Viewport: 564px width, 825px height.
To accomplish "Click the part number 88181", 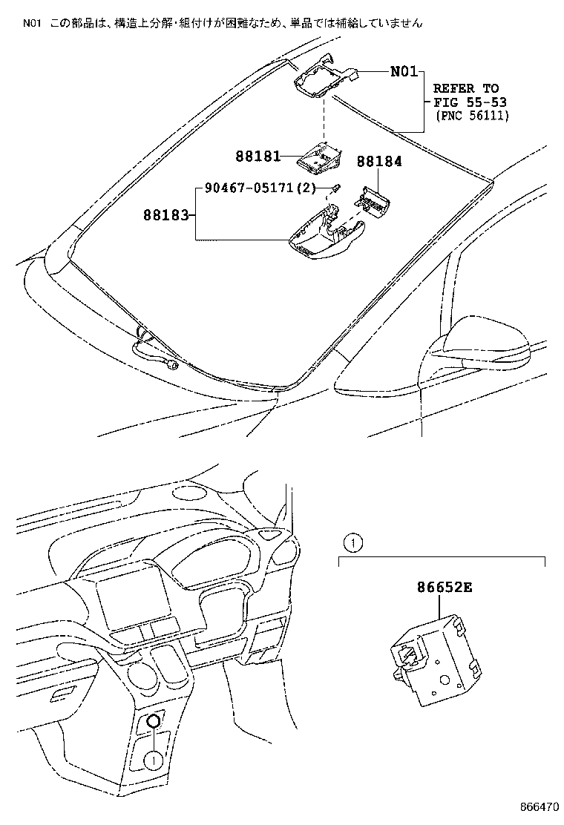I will pyautogui.click(x=258, y=156).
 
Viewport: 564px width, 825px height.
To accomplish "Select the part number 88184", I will pyautogui.click(x=378, y=161).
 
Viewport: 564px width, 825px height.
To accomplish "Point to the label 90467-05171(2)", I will pyautogui.click(x=249, y=189).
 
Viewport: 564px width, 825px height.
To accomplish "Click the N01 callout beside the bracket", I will pyautogui.click(x=405, y=72).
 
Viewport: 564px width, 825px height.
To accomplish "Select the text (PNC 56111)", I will pyautogui.click(x=471, y=116).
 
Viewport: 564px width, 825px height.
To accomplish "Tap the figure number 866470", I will pyautogui.click(x=538, y=807).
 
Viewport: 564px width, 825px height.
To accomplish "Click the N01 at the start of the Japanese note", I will pyautogui.click(x=30, y=23).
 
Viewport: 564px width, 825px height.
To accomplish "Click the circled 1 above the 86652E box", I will pyautogui.click(x=352, y=542).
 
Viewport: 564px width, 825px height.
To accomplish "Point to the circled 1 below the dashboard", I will pyautogui.click(x=152, y=759).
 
